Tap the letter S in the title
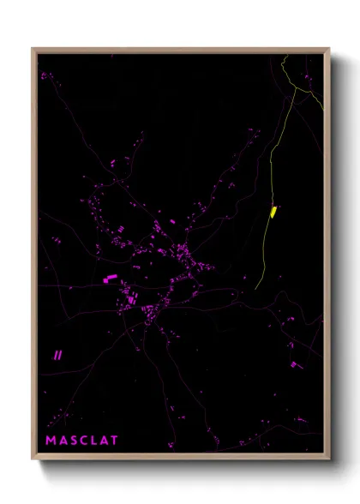[x=75, y=441]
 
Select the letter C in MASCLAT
[x=86, y=441]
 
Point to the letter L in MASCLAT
[x=96, y=441]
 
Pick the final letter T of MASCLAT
[x=116, y=441]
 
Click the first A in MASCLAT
[x=63, y=441]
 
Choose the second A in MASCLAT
[x=105, y=441]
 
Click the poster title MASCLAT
[x=82, y=441]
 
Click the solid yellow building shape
[x=273, y=211]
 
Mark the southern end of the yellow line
[x=256, y=288]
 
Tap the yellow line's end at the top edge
[x=284, y=55]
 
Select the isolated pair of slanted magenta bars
[x=58, y=353]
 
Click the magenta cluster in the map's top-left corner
[x=45, y=76]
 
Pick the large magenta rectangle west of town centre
[x=111, y=278]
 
